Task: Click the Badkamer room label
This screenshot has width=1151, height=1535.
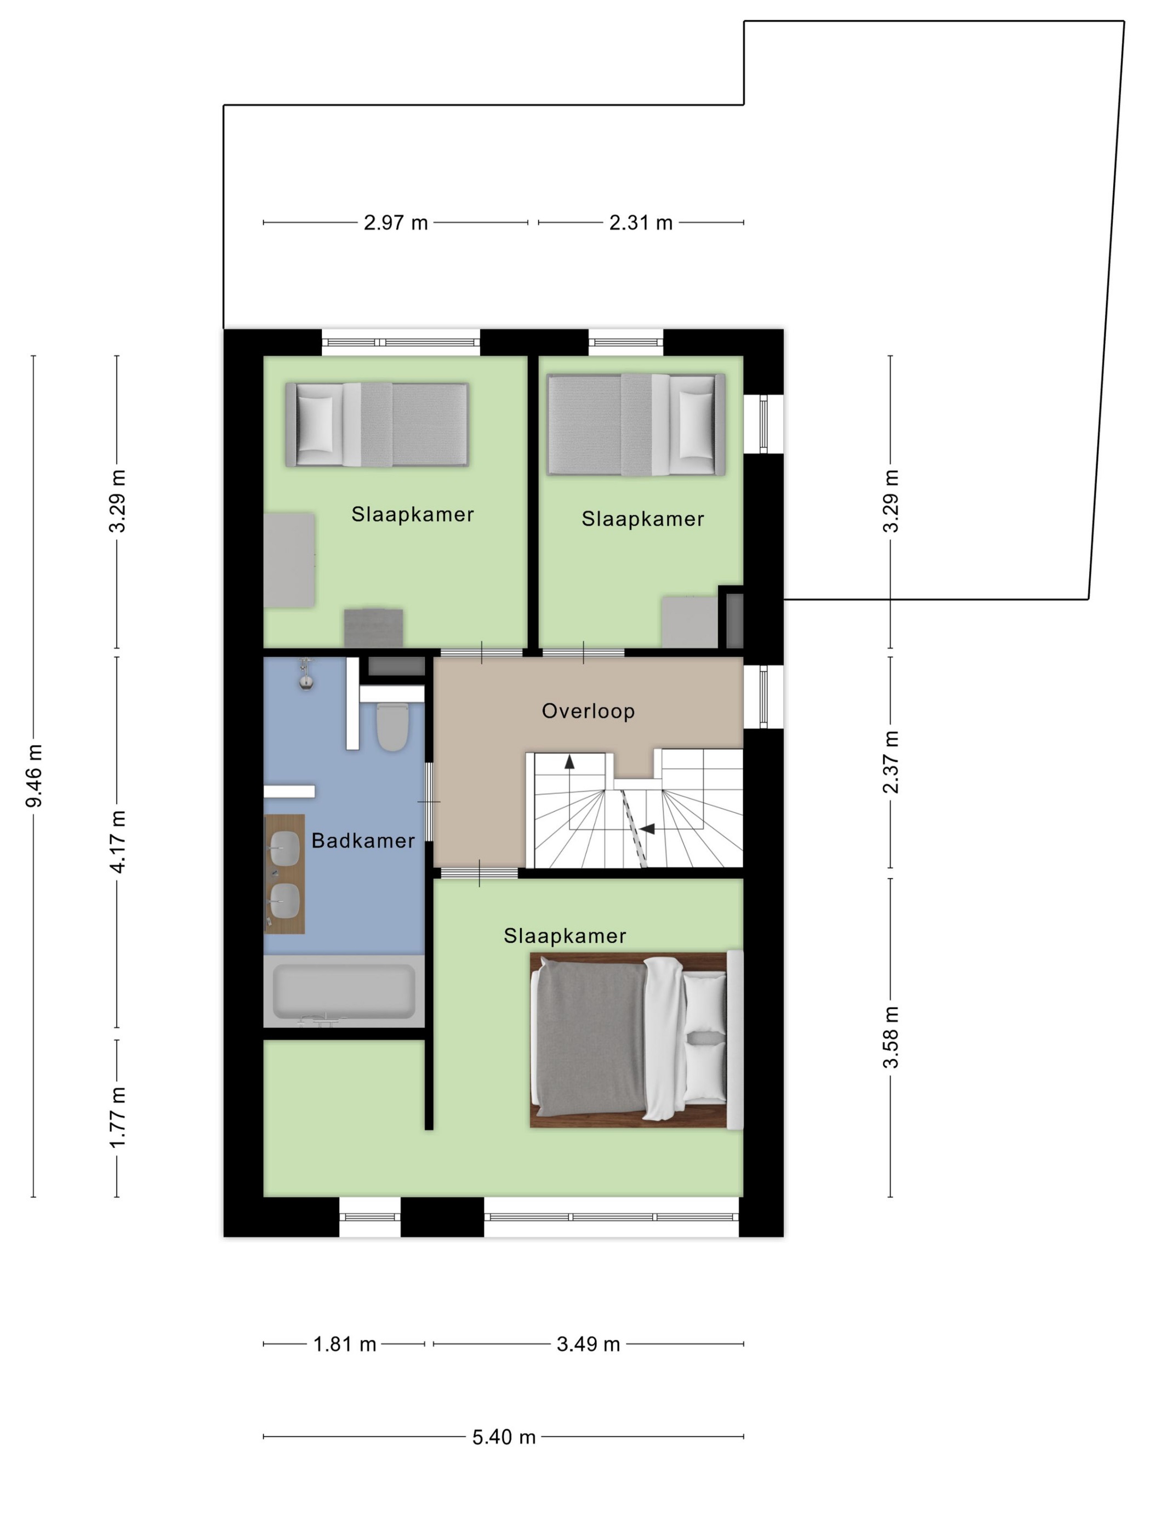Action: point(363,840)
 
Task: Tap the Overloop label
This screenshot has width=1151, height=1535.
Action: point(588,710)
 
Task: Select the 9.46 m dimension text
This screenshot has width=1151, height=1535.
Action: point(34,776)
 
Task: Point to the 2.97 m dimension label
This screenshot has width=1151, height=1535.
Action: point(396,223)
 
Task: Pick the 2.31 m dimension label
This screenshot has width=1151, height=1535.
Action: point(640,223)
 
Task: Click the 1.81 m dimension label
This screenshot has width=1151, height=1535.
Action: point(344,1344)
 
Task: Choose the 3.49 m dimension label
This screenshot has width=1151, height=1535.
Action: point(588,1344)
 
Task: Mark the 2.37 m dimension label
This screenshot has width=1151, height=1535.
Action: point(891,762)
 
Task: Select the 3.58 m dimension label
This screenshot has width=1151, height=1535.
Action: point(891,1037)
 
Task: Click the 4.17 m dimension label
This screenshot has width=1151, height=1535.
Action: point(118,841)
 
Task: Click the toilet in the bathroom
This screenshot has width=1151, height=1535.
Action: point(392,726)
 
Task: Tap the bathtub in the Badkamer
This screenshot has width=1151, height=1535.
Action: point(344,991)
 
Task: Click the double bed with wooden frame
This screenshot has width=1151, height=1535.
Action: point(636,1039)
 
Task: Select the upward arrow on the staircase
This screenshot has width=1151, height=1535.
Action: point(569,762)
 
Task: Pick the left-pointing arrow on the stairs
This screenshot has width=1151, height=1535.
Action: point(647,828)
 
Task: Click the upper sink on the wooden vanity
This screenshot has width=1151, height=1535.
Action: point(284,848)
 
